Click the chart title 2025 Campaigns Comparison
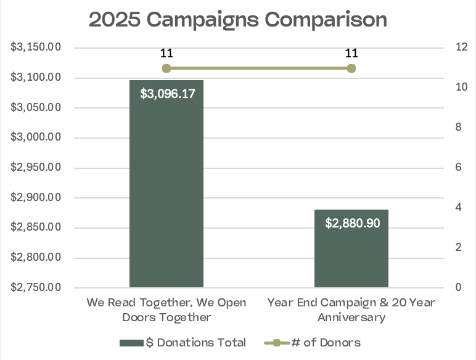[237, 20]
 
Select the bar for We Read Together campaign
[166, 185]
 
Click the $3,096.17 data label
[166, 94]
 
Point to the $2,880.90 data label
[351, 223]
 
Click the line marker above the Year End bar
[351, 68]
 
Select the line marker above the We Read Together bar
[166, 68]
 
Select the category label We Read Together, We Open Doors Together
[166, 310]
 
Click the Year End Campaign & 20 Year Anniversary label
[351, 310]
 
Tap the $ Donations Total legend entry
[195, 343]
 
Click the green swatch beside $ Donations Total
[131, 343]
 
